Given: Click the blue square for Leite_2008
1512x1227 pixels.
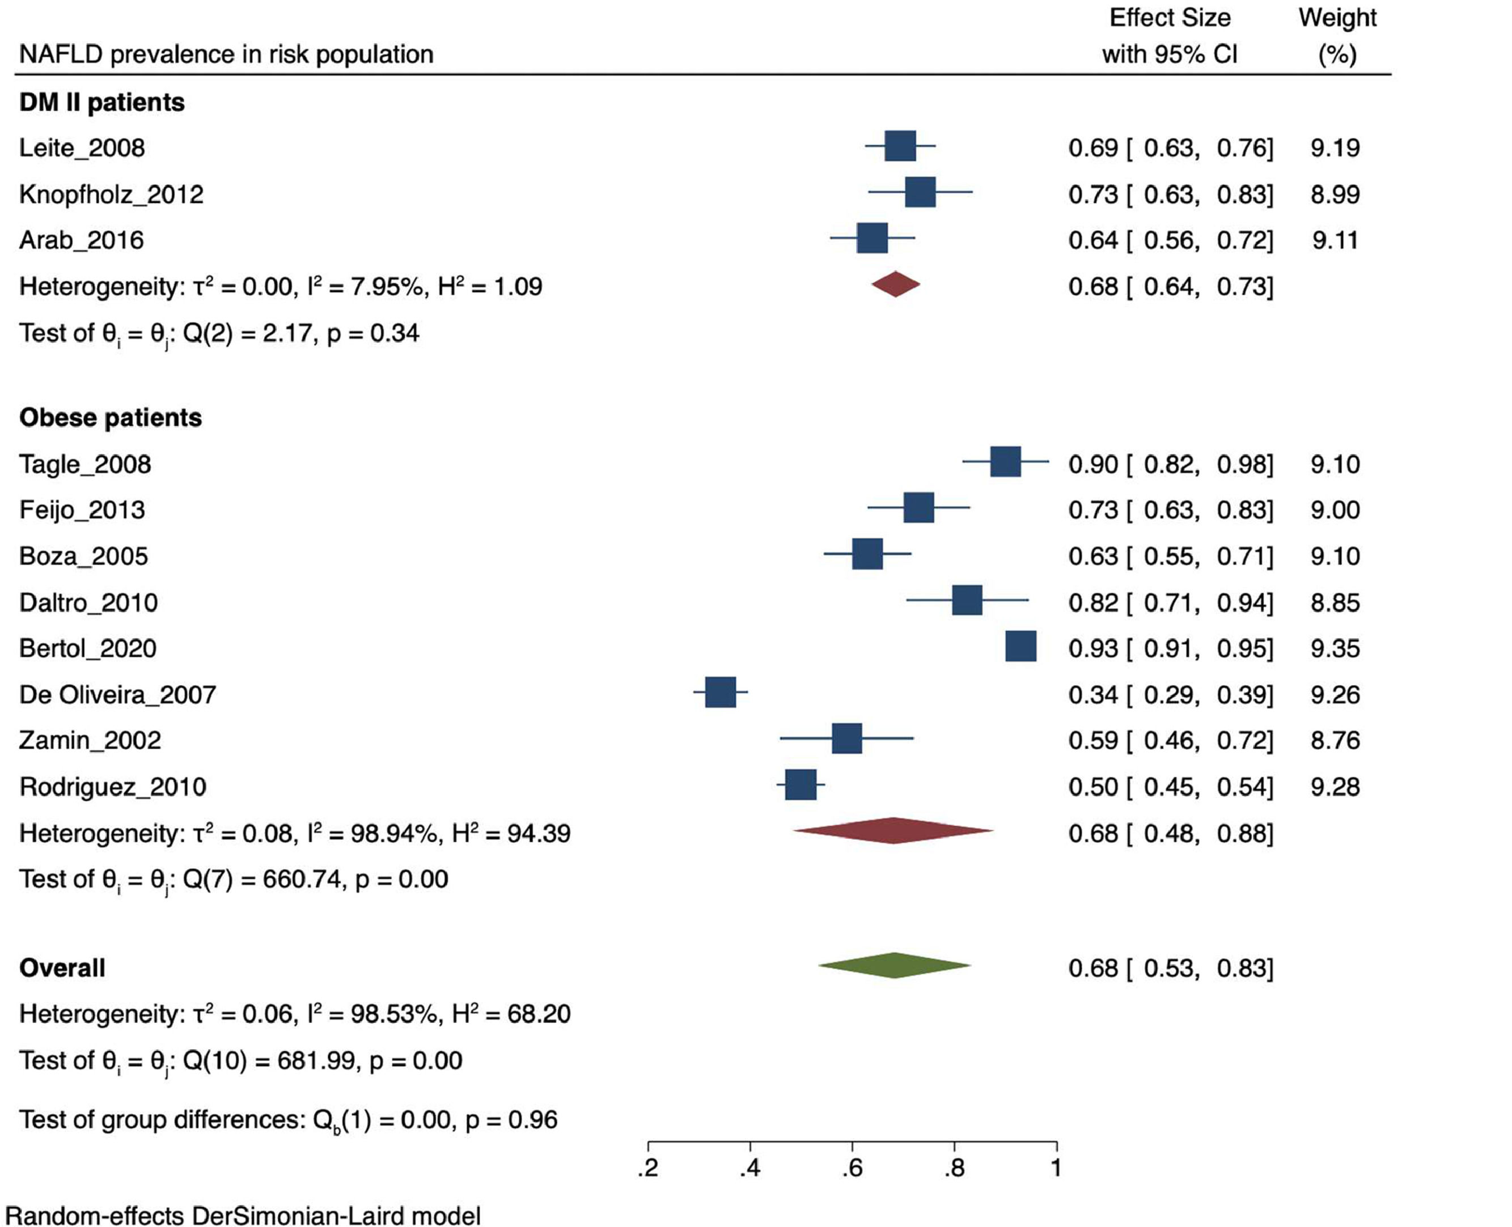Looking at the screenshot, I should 900,146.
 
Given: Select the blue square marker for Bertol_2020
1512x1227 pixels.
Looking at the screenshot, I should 1020,647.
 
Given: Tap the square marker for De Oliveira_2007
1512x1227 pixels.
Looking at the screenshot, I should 721,692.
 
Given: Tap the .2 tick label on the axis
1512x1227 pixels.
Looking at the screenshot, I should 647,1168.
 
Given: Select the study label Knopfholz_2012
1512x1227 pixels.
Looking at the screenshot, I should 111,194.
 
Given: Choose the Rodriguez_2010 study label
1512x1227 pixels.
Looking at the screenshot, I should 112,787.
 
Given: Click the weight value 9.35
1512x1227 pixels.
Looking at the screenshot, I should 1335,648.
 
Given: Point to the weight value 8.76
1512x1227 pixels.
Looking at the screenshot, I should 1335,740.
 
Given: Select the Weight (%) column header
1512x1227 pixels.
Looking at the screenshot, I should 1337,35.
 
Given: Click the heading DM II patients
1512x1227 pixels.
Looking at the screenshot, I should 102,103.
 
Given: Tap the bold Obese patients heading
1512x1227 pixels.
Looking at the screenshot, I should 111,418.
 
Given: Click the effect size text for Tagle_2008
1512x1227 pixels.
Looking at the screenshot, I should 1170,464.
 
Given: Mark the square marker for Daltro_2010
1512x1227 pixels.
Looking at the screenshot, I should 967,600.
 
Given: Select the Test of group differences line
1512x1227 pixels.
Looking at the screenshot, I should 289,1119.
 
